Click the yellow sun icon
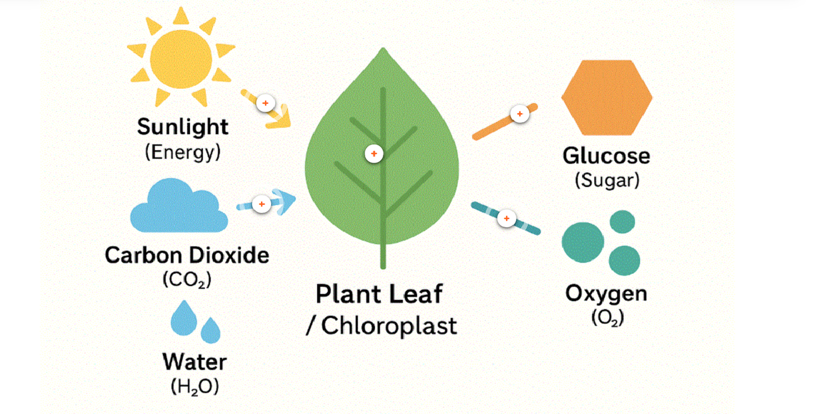tap(181, 57)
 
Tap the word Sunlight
tap(183, 127)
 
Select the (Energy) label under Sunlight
tap(183, 152)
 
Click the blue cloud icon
tap(178, 208)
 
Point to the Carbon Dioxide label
tap(187, 256)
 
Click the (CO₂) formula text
tap(187, 279)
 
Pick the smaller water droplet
tap(210, 330)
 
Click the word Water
tap(195, 362)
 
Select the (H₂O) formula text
tap(195, 387)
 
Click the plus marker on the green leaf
tap(374, 154)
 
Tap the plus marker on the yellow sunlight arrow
tap(266, 103)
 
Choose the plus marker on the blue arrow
tap(262, 204)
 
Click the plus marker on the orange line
tap(520, 113)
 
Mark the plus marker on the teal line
tap(506, 218)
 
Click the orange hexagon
tap(607, 97)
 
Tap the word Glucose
tap(606, 156)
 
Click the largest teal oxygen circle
tap(583, 242)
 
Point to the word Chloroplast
tap(389, 326)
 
